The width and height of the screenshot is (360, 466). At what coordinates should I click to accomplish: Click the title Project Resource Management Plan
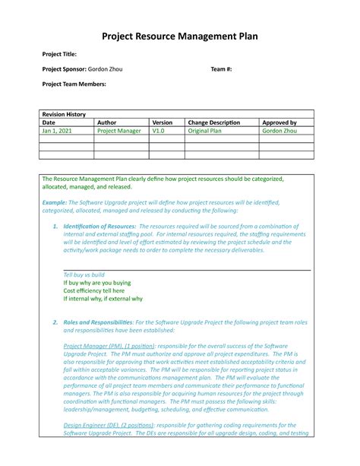tap(180, 36)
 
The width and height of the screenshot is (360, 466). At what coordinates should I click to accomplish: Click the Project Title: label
tap(59, 55)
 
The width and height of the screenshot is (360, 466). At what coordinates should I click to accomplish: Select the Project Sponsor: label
tap(65, 69)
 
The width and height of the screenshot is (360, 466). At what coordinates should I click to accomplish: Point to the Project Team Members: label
tap(74, 84)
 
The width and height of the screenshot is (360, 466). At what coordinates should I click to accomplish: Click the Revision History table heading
tap(64, 114)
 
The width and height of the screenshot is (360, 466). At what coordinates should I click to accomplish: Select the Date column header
tap(49, 122)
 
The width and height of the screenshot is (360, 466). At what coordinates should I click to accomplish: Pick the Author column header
tap(106, 122)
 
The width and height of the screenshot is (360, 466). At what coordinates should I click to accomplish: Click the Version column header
tap(163, 122)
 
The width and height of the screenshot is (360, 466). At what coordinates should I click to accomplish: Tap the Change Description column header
tap(213, 122)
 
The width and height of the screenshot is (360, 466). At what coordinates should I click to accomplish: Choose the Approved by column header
tap(279, 122)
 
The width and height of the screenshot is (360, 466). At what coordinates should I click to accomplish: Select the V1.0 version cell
tap(158, 131)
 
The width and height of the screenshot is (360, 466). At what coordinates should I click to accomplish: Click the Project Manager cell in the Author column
tap(119, 131)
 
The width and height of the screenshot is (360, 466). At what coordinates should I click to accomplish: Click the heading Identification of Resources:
tap(99, 227)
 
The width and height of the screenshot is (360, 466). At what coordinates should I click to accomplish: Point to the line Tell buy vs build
tap(84, 274)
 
